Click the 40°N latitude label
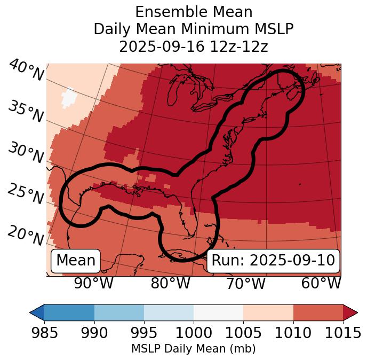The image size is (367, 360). pyautogui.click(x=26, y=71)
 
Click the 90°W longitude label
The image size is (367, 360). pyautogui.click(x=93, y=283)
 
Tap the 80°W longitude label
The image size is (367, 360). pyautogui.click(x=170, y=283)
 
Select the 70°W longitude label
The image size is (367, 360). pyautogui.click(x=246, y=283)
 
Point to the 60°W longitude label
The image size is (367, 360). pyautogui.click(x=321, y=283)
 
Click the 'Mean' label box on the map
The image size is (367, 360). pyautogui.click(x=76, y=261)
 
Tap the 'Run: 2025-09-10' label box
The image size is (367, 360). pyautogui.click(x=273, y=261)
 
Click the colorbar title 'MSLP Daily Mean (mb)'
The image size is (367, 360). pyautogui.click(x=193, y=349)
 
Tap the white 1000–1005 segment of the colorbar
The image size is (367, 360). pyautogui.click(x=218, y=312)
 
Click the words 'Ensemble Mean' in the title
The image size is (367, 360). pyautogui.click(x=193, y=12)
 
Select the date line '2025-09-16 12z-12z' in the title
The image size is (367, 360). pyautogui.click(x=193, y=46)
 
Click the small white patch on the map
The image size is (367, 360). pyautogui.click(x=69, y=98)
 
